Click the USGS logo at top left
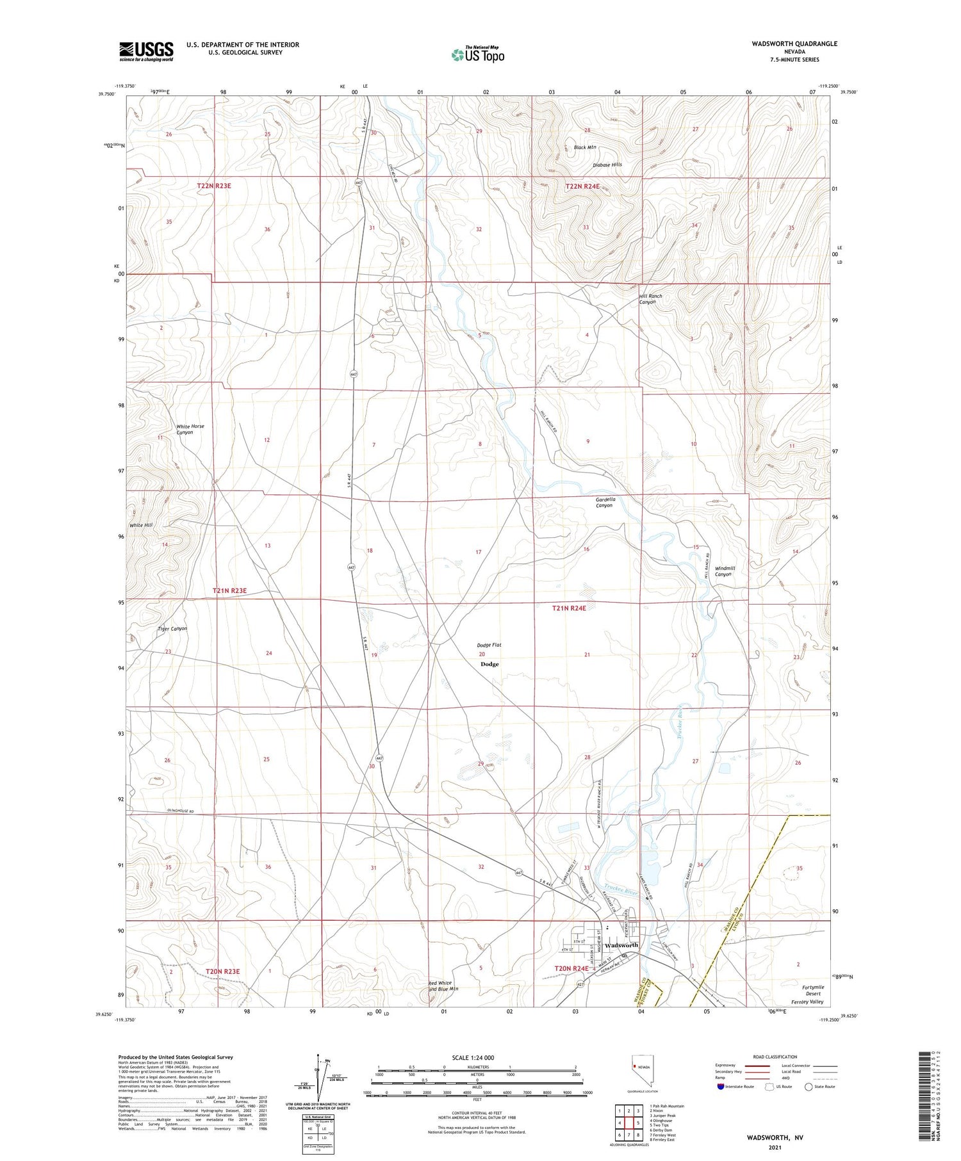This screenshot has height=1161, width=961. (146, 51)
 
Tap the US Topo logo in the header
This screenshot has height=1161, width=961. (477, 54)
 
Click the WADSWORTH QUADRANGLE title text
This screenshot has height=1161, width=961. (785, 44)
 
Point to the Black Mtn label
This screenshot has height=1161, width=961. (584, 147)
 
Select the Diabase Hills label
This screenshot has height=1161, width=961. (607, 165)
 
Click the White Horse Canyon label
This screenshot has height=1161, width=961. (190, 429)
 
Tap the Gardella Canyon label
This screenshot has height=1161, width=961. (605, 502)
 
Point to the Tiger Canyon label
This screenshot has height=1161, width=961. (172, 628)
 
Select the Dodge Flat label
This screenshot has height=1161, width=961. (489, 645)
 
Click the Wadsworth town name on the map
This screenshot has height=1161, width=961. (621, 945)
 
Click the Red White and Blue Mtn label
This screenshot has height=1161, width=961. (443, 986)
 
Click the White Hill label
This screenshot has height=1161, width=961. (141, 525)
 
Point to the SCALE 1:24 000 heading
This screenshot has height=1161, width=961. (473, 1057)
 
